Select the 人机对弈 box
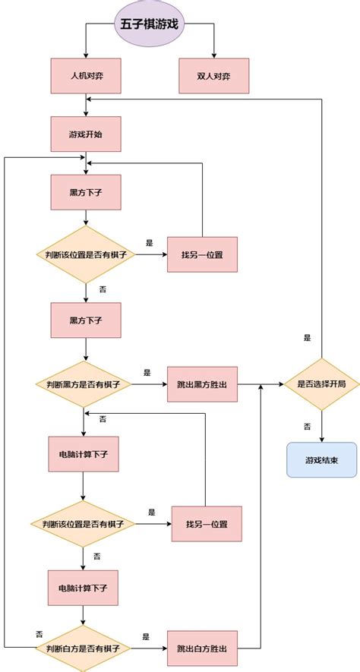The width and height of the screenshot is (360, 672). (86, 76)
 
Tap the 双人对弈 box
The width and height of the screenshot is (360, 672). (213, 76)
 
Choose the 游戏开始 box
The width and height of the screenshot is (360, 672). (86, 134)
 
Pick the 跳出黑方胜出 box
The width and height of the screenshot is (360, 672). (202, 386)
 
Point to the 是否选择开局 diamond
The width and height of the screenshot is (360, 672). (321, 385)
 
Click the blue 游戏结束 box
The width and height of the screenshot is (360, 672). (321, 459)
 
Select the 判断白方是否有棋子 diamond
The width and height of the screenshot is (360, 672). (84, 648)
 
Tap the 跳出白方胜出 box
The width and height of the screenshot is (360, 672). (202, 648)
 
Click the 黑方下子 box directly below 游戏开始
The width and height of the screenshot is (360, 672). (86, 193)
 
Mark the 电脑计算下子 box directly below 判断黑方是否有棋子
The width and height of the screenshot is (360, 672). (84, 454)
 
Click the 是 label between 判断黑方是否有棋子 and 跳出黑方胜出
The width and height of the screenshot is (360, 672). (147, 373)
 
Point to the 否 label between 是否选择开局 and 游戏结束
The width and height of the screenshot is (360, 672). (307, 426)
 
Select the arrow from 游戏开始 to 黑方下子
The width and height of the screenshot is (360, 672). (87, 163)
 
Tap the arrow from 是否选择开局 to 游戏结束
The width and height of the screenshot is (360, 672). (322, 427)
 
